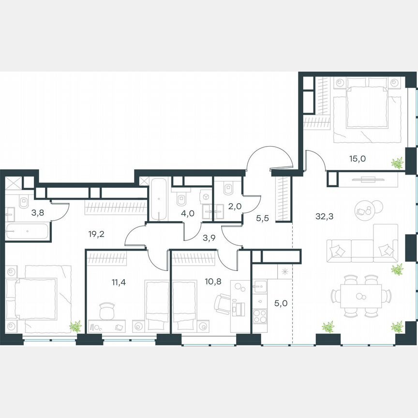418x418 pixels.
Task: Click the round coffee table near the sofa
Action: [x=377, y=209]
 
